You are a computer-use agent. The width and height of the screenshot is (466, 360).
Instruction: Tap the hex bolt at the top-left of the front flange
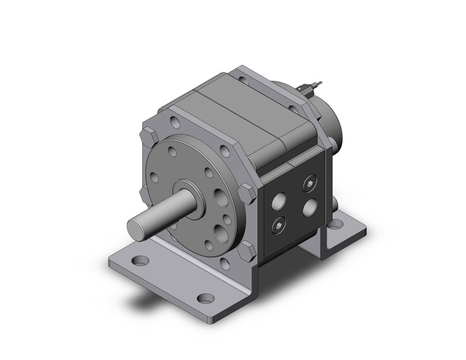coord(149,136)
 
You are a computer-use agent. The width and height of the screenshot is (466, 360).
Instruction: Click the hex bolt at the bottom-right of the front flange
coord(247,250)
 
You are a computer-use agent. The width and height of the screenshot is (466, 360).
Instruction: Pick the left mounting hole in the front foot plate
coord(140,261)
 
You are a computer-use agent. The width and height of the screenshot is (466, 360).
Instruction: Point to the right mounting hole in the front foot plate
coord(206,299)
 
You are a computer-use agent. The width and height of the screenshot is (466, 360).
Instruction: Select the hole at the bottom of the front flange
coord(225,264)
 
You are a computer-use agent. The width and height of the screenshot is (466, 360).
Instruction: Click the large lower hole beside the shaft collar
coord(220,234)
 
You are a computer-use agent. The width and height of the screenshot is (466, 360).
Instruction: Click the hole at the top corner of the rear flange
coord(243,79)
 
